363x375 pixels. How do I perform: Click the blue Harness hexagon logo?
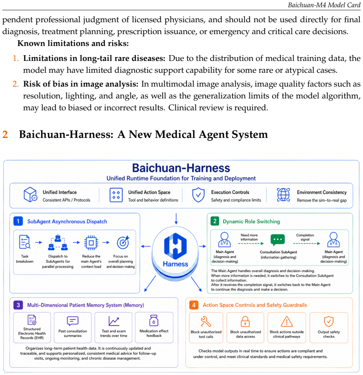pyautogui.click(x=175, y=246)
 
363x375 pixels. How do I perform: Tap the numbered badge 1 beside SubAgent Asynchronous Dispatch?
pyautogui.click(x=18, y=221)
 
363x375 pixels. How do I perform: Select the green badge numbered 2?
pyautogui.click(x=215, y=221)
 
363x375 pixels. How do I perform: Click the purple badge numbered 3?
pyautogui.click(x=18, y=305)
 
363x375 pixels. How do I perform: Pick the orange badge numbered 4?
pyautogui.click(x=194, y=305)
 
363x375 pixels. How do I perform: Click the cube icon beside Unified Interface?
pyautogui.click(x=30, y=195)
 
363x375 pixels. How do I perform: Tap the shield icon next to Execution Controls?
pyautogui.click(x=198, y=195)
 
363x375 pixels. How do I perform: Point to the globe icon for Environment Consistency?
pyautogui.click(x=283, y=195)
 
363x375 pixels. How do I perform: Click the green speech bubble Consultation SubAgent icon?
pyautogui.click(x=278, y=240)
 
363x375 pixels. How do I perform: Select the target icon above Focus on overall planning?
pyautogui.click(x=123, y=242)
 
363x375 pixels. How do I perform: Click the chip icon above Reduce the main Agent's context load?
pyautogui.click(x=91, y=243)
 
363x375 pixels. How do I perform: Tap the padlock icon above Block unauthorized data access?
pyautogui.click(x=245, y=321)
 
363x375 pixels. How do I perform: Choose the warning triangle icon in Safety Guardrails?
pyautogui.click(x=287, y=321)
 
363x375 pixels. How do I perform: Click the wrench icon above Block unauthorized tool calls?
pyautogui.click(x=206, y=321)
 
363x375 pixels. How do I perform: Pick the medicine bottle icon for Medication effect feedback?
pyautogui.click(x=154, y=321)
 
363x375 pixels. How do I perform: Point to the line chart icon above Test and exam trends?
pyautogui.click(x=114, y=321)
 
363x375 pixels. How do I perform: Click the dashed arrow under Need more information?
pyautogui.click(x=251, y=244)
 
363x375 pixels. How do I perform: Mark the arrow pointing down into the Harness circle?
pyautogui.click(x=176, y=219)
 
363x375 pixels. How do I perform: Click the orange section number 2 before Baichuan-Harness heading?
pyautogui.click(x=5, y=134)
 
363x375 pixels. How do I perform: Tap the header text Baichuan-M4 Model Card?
pyautogui.click(x=324, y=5)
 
